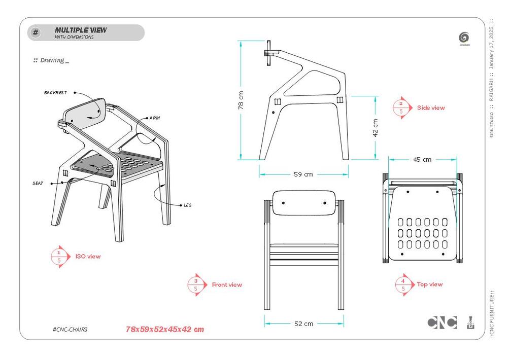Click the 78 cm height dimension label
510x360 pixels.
(241, 100)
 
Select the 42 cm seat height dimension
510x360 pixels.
(376, 127)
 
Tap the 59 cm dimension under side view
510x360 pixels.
(303, 174)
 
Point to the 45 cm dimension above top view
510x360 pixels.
(422, 159)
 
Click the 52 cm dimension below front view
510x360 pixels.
(303, 323)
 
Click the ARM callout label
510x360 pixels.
(155, 118)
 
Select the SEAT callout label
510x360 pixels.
(38, 183)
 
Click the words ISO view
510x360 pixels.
(88, 257)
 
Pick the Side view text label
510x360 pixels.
(431, 107)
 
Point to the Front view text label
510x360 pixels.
(227, 285)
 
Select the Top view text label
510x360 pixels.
(430, 284)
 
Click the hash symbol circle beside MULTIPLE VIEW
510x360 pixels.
(36, 33)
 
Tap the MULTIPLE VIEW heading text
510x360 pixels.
(81, 30)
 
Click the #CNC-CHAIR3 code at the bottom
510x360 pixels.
(70, 330)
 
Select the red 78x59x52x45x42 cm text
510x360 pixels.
(165, 330)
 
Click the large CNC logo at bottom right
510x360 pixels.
(442, 322)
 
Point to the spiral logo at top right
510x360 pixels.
(463, 37)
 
